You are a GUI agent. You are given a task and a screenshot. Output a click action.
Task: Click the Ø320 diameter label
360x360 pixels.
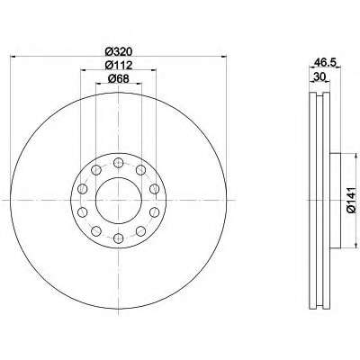click(119, 51)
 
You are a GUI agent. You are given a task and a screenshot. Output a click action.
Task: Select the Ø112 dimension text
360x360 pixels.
click(119, 65)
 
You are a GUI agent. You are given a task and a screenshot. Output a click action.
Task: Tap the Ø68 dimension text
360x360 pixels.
click(119, 78)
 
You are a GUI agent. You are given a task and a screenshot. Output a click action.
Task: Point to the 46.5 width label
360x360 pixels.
click(325, 62)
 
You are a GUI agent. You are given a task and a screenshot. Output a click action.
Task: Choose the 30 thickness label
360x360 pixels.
click(319, 76)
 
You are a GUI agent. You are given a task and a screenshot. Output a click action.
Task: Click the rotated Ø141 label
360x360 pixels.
click(351, 200)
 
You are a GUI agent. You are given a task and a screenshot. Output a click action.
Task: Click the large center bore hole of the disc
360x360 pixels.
click(119, 200)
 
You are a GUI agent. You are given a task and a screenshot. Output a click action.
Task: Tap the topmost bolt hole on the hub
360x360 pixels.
click(119, 163)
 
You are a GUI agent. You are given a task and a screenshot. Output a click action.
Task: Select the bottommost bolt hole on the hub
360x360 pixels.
click(119, 238)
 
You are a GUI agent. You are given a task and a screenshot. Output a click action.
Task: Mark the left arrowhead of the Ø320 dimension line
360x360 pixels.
click(13, 56)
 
